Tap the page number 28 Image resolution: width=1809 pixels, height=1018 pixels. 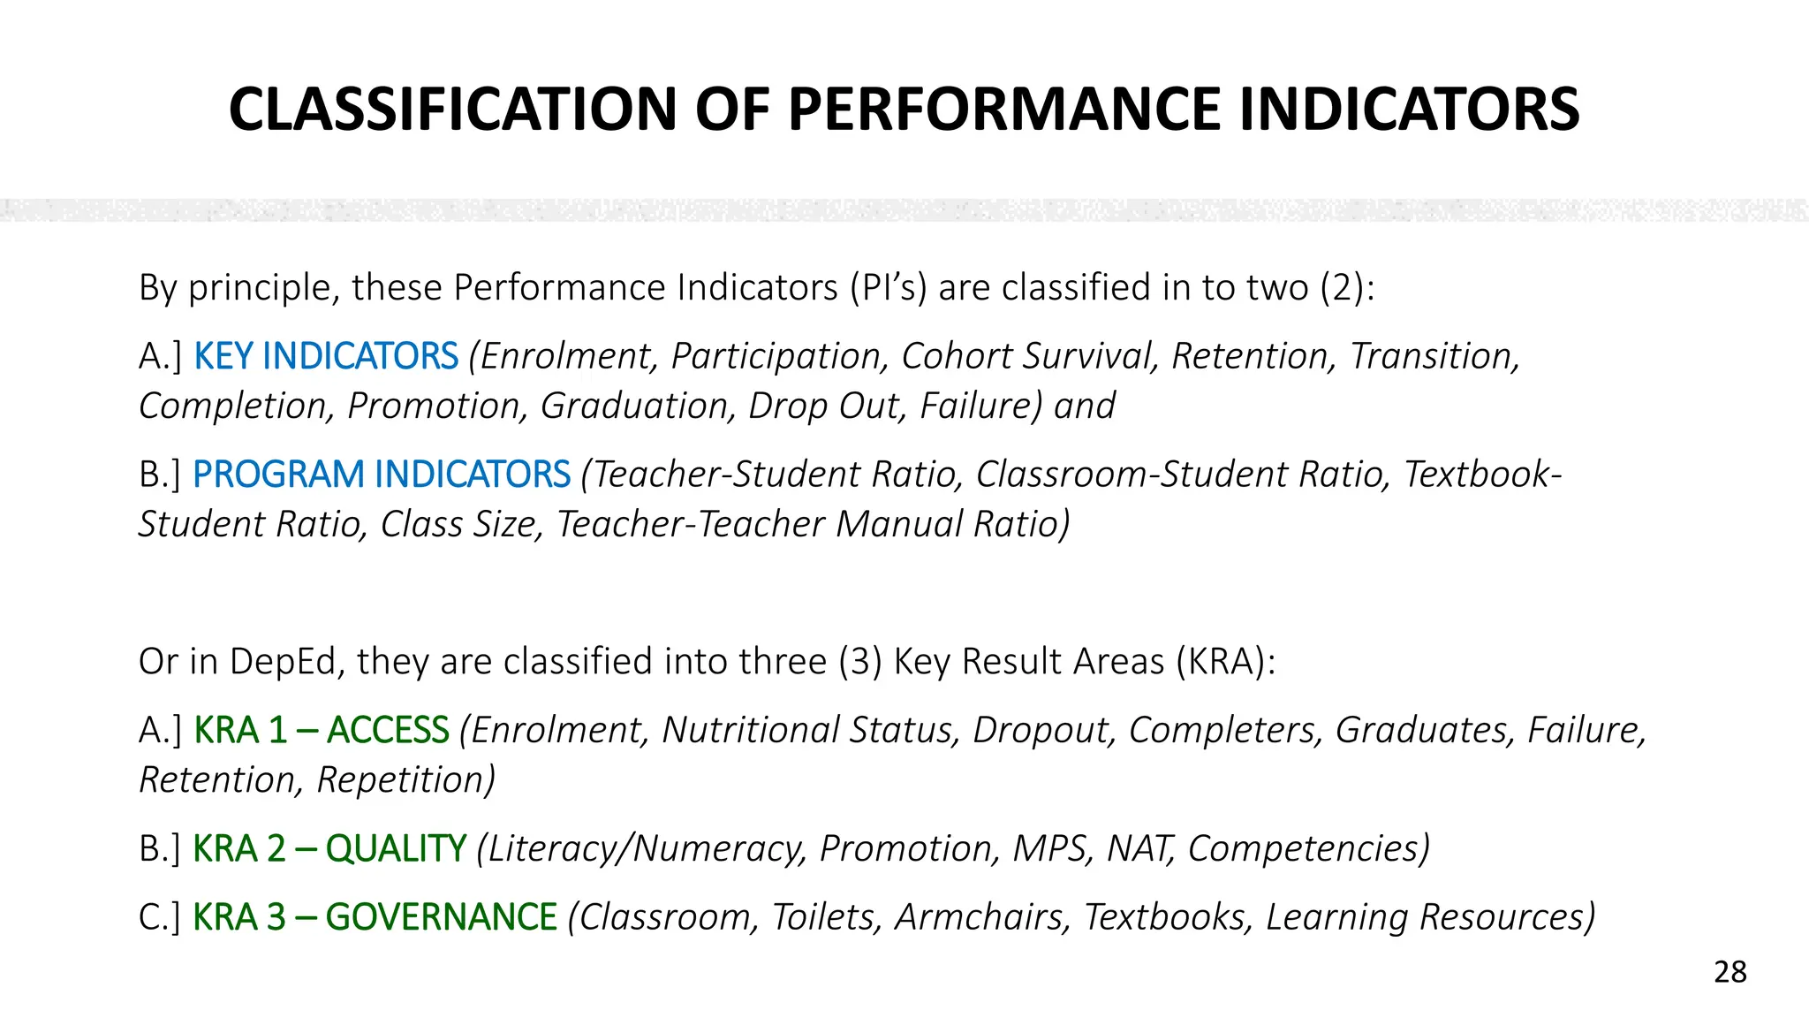coord(1730,972)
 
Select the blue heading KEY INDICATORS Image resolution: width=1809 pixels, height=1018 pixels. coord(326,356)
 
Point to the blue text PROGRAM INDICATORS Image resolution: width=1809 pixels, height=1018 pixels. coord(382,475)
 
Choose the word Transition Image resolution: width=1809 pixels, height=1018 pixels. coord(1434,356)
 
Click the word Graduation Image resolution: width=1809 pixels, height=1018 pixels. coord(639,406)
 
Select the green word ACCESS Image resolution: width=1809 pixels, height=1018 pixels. coord(388,730)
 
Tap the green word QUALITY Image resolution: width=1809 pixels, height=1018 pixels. coord(396,848)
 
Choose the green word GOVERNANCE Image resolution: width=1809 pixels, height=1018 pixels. coord(441,917)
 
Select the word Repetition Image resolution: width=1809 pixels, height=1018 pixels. coord(405,779)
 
